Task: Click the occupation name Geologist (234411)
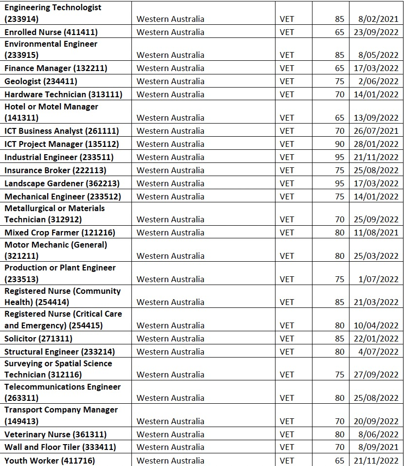[41, 81]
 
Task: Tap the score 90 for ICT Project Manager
[339, 144]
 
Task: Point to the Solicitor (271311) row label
[38, 339]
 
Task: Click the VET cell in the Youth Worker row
[287, 461]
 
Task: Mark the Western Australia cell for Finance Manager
[170, 68]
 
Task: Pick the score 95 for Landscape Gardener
[339, 183]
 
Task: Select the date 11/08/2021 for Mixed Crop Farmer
[376, 233]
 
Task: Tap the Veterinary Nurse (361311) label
[55, 434]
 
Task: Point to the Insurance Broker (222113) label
[55, 170]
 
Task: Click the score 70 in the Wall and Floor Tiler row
[339, 447]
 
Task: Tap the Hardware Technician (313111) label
[63, 94]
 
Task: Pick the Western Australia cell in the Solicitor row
[170, 339]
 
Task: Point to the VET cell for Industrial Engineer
[287, 157]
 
